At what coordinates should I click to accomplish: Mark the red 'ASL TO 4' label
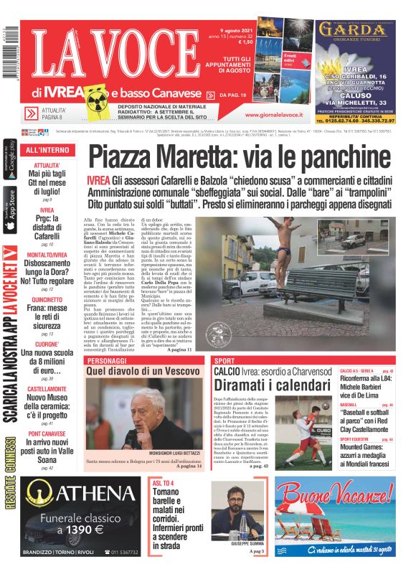162,483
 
